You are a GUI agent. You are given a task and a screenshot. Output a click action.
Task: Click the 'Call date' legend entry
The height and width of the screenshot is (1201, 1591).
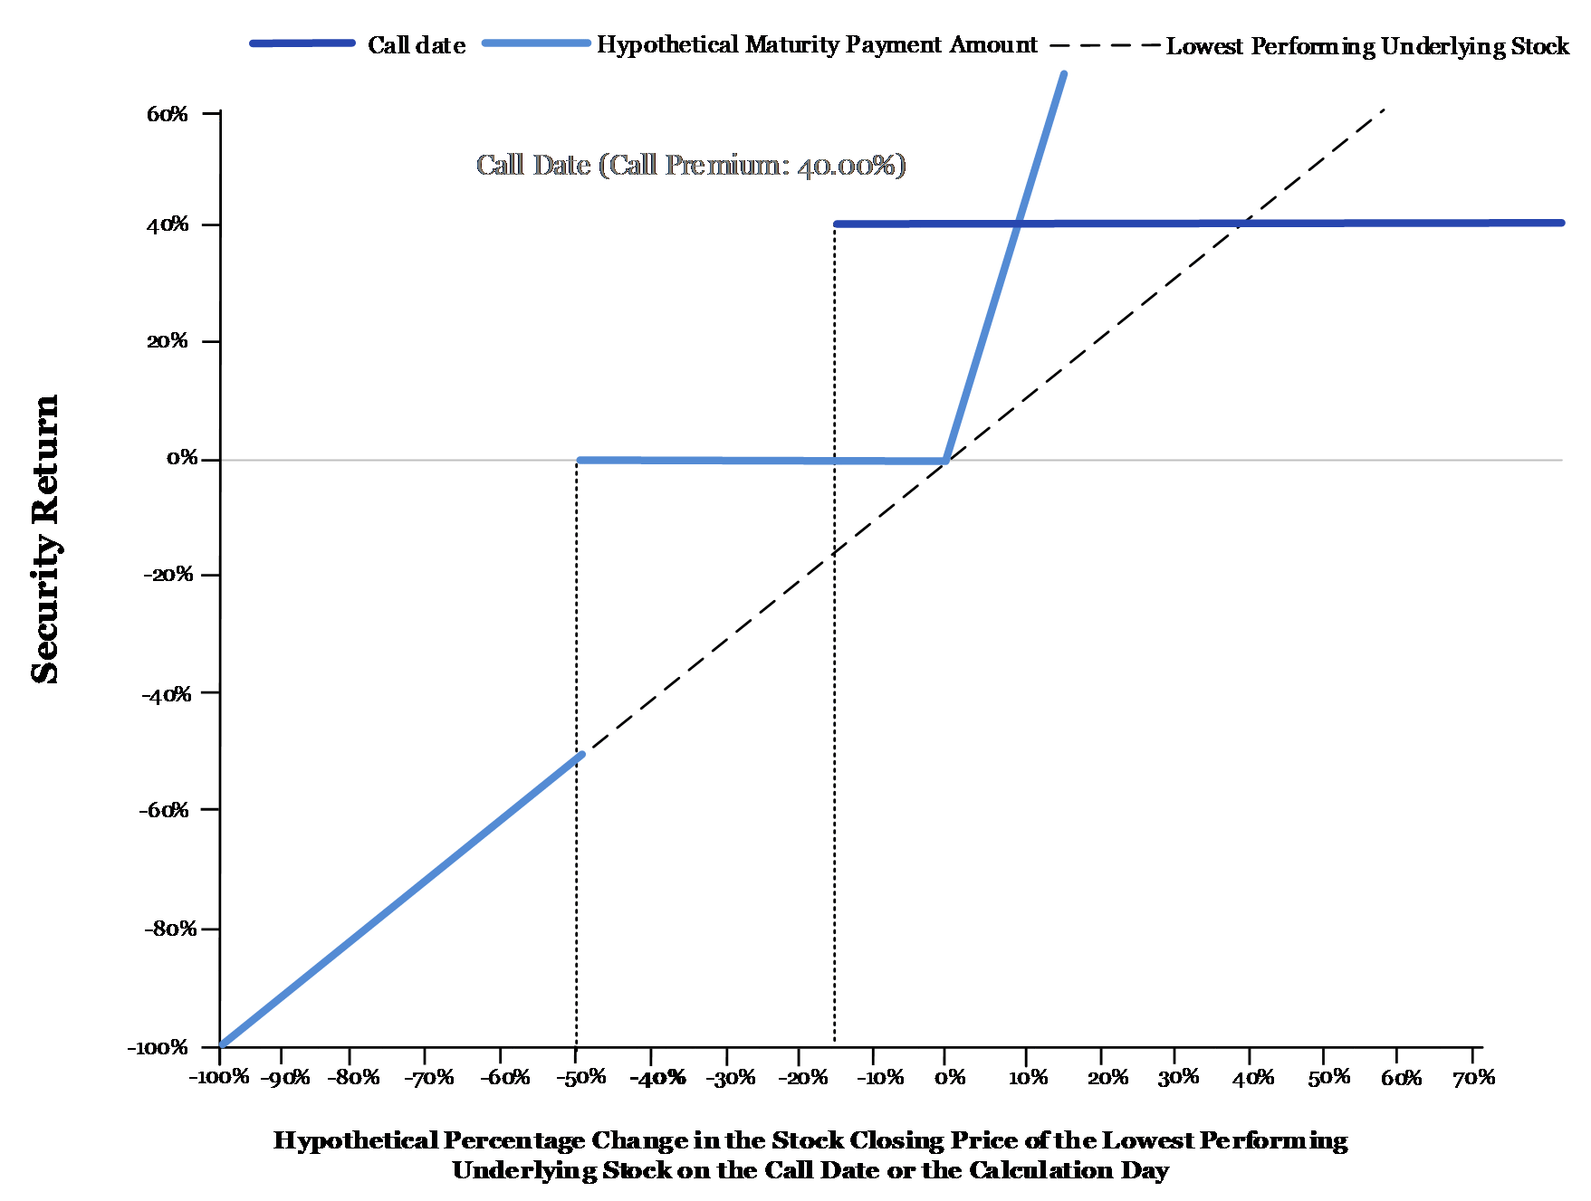coord(417,45)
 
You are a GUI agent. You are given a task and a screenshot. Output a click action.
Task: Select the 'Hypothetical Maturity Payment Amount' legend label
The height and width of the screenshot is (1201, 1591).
coord(817,45)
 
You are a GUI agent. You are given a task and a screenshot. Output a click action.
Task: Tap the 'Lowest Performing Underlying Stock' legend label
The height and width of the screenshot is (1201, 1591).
coord(1367,46)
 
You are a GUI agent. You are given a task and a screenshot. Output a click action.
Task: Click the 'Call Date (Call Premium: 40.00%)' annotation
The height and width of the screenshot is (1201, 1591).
coord(691,165)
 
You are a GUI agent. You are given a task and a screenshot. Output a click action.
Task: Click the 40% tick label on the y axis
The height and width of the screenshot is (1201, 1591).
coord(168,224)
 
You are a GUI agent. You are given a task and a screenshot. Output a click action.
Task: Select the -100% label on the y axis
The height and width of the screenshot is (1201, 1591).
coord(158,1048)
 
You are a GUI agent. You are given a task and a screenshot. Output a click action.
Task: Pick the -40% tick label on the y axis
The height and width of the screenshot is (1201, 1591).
coord(167,695)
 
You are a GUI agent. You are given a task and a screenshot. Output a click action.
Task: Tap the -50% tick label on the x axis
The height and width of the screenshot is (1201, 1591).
coord(580,1078)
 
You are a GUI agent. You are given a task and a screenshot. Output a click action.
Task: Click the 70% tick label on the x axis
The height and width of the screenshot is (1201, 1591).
coord(1473,1078)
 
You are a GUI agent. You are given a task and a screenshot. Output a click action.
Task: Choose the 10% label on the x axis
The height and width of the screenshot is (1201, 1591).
coord(1028,1078)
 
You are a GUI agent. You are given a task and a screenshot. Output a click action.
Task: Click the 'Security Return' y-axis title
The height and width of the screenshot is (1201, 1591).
coord(45,539)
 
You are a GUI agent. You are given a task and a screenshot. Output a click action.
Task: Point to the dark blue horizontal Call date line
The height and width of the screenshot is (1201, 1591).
coord(1199,223)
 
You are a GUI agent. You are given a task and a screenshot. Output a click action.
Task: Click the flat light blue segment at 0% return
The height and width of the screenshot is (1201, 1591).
coord(762,461)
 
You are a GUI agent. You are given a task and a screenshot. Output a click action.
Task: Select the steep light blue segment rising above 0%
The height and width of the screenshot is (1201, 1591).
coord(1004,267)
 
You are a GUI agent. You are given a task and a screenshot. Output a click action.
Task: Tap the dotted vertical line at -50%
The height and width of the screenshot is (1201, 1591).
coord(576,753)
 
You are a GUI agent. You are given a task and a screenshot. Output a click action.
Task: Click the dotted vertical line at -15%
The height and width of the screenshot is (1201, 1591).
coord(834,635)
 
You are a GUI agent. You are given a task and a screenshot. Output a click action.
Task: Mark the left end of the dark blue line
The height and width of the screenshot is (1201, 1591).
coord(836,224)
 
